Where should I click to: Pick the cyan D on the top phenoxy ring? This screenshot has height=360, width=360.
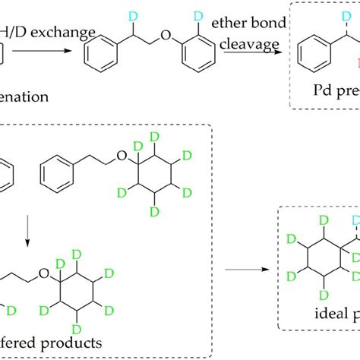pos(199,15)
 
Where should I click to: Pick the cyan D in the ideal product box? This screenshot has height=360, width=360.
pos(355,219)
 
